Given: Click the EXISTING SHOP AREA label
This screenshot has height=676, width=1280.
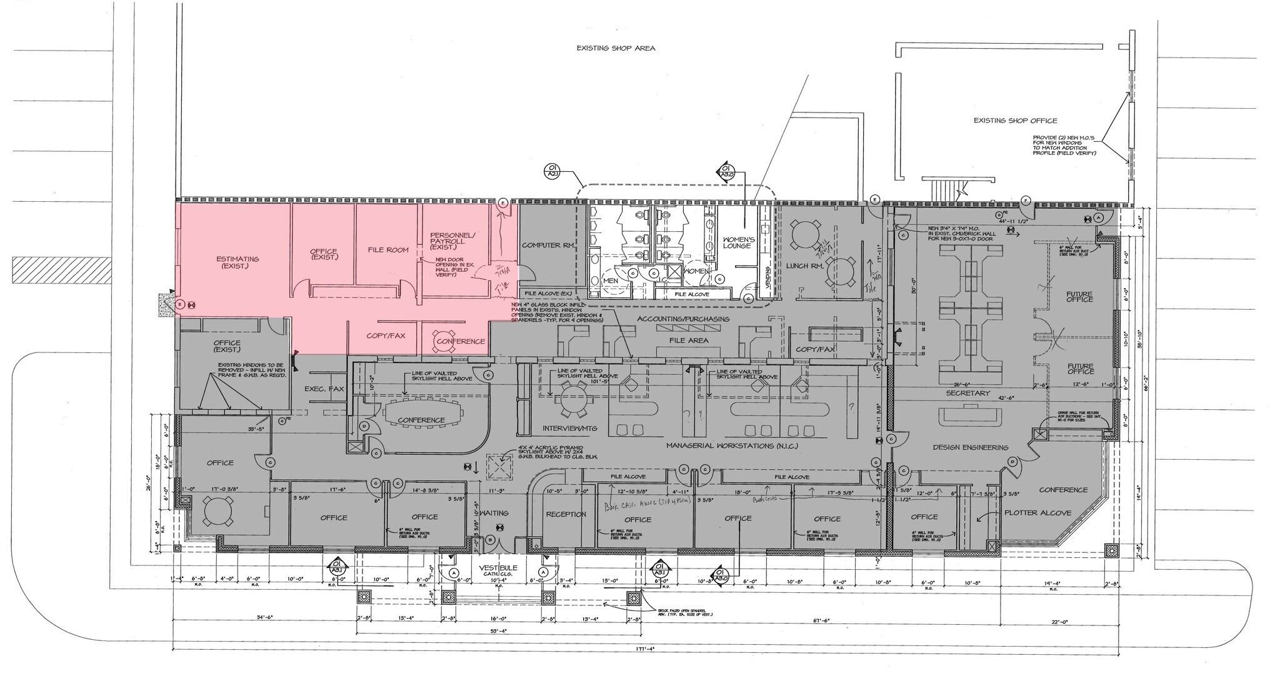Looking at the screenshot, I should [x=616, y=48].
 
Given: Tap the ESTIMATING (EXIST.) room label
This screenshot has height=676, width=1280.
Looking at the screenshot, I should [x=237, y=262].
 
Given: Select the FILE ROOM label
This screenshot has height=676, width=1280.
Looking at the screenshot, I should [x=387, y=250].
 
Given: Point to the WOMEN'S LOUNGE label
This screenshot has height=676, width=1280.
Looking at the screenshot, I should [x=738, y=242].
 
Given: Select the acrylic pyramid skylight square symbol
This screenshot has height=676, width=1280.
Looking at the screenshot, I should [x=500, y=467].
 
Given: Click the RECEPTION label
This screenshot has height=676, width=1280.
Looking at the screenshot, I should [x=566, y=514].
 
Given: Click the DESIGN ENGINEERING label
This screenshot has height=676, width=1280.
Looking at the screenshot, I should [x=971, y=447].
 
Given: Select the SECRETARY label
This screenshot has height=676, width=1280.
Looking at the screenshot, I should [x=967, y=393].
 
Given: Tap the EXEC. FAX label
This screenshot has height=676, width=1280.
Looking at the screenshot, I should [x=324, y=389].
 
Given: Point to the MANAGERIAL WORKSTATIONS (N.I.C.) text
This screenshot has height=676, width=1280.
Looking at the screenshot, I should [x=732, y=446].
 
